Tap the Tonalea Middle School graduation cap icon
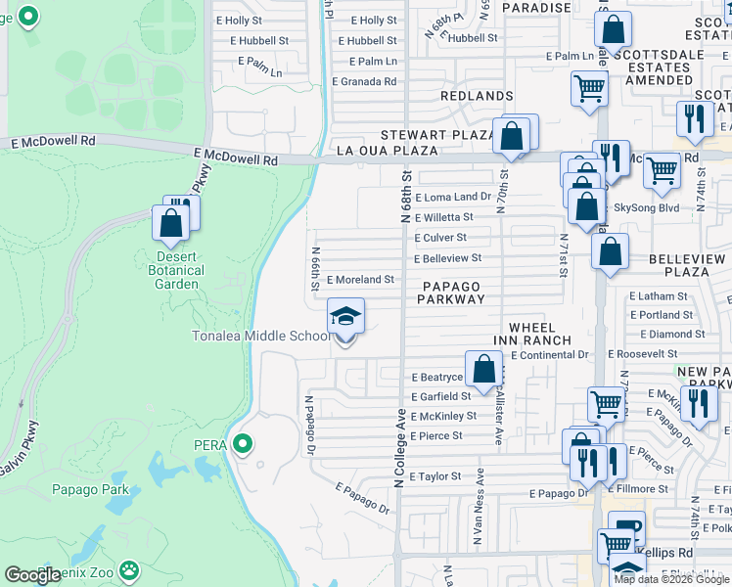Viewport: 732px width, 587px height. pyautogui.click(x=344, y=316)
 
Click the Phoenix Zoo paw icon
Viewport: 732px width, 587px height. pyautogui.click(x=128, y=569)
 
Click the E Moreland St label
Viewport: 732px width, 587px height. pyautogui.click(x=360, y=279)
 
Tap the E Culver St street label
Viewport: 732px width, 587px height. pyautogui.click(x=440, y=238)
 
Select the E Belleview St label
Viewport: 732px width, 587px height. pyautogui.click(x=447, y=258)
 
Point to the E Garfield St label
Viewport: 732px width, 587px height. pyautogui.click(x=440, y=396)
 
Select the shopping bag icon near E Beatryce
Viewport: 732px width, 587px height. pyautogui.click(x=483, y=370)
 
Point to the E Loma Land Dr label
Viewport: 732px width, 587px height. pyautogui.click(x=452, y=197)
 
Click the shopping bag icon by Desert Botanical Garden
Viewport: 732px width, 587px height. pyautogui.click(x=171, y=222)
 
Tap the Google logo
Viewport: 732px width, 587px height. pyautogui.click(x=33, y=575)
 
